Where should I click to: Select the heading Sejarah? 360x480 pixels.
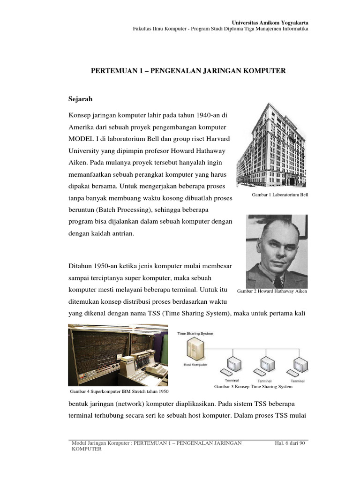[x=81, y=99]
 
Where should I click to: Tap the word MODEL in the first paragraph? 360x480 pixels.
[x=81, y=139]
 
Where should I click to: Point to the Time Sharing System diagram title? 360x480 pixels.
[x=195, y=334]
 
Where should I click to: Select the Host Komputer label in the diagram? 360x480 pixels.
[x=193, y=364]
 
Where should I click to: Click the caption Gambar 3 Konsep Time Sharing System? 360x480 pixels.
[x=253, y=387]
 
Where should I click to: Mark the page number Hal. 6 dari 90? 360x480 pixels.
[x=291, y=442]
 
